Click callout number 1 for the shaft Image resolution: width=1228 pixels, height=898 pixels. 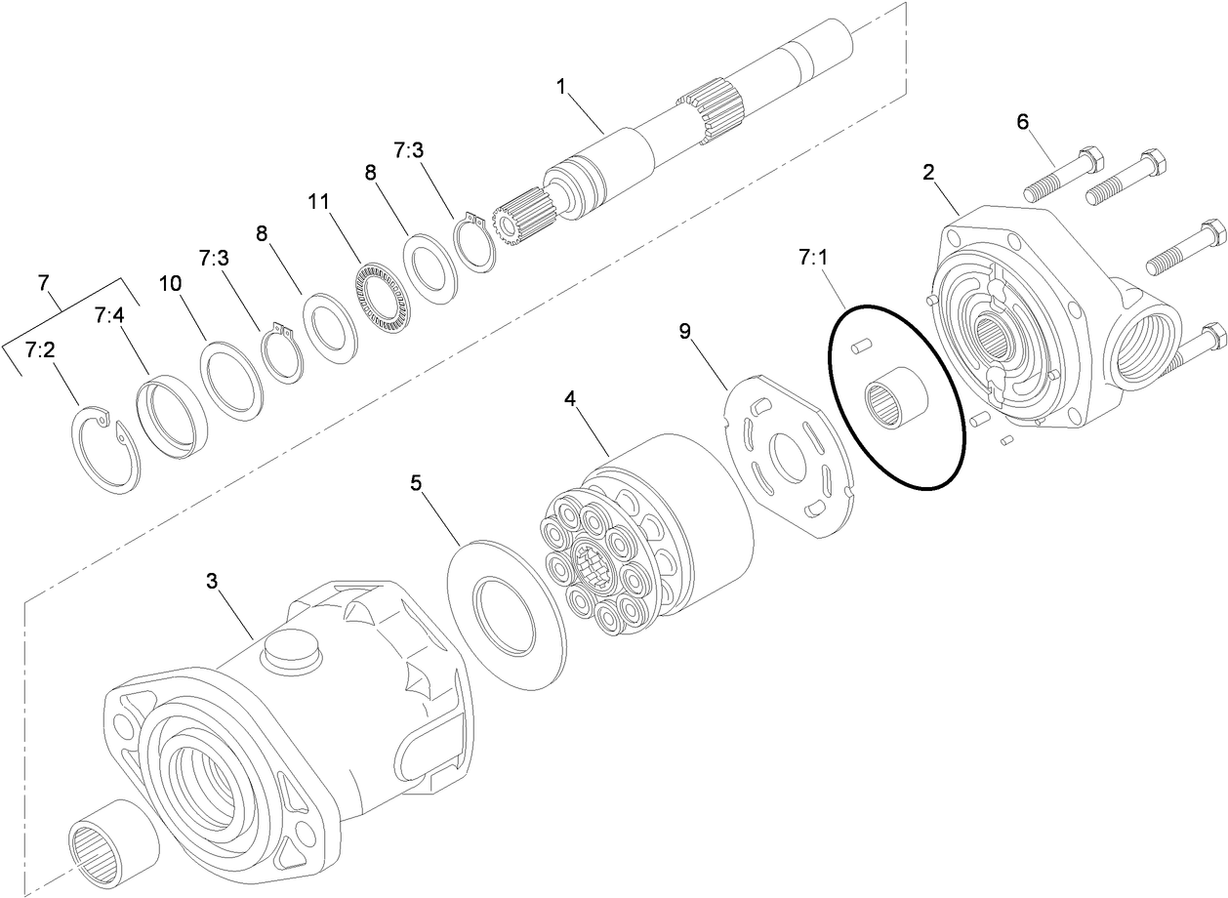point(561,86)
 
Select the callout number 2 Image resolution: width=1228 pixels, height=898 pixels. point(928,173)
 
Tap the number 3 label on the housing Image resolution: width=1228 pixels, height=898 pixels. point(212,583)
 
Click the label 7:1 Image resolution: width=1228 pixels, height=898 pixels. point(812,260)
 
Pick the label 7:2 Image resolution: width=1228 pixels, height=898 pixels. point(40,349)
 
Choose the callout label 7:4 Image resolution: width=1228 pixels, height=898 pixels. point(109,315)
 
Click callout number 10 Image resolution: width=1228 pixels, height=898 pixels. point(170,283)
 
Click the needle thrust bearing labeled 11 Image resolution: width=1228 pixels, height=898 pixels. point(382,295)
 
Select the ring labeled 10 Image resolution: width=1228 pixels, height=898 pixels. point(232,379)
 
